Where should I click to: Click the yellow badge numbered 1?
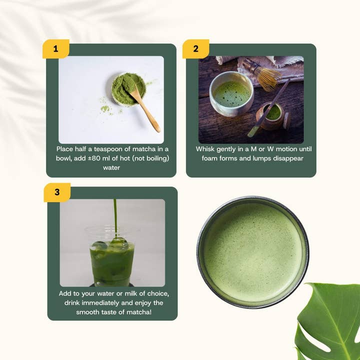click(x=55, y=48)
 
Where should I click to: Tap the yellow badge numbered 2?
click(x=195, y=48)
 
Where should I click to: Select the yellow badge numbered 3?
click(x=57, y=192)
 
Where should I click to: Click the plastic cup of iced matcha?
click(x=112, y=257)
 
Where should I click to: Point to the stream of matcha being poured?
click(x=115, y=215)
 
